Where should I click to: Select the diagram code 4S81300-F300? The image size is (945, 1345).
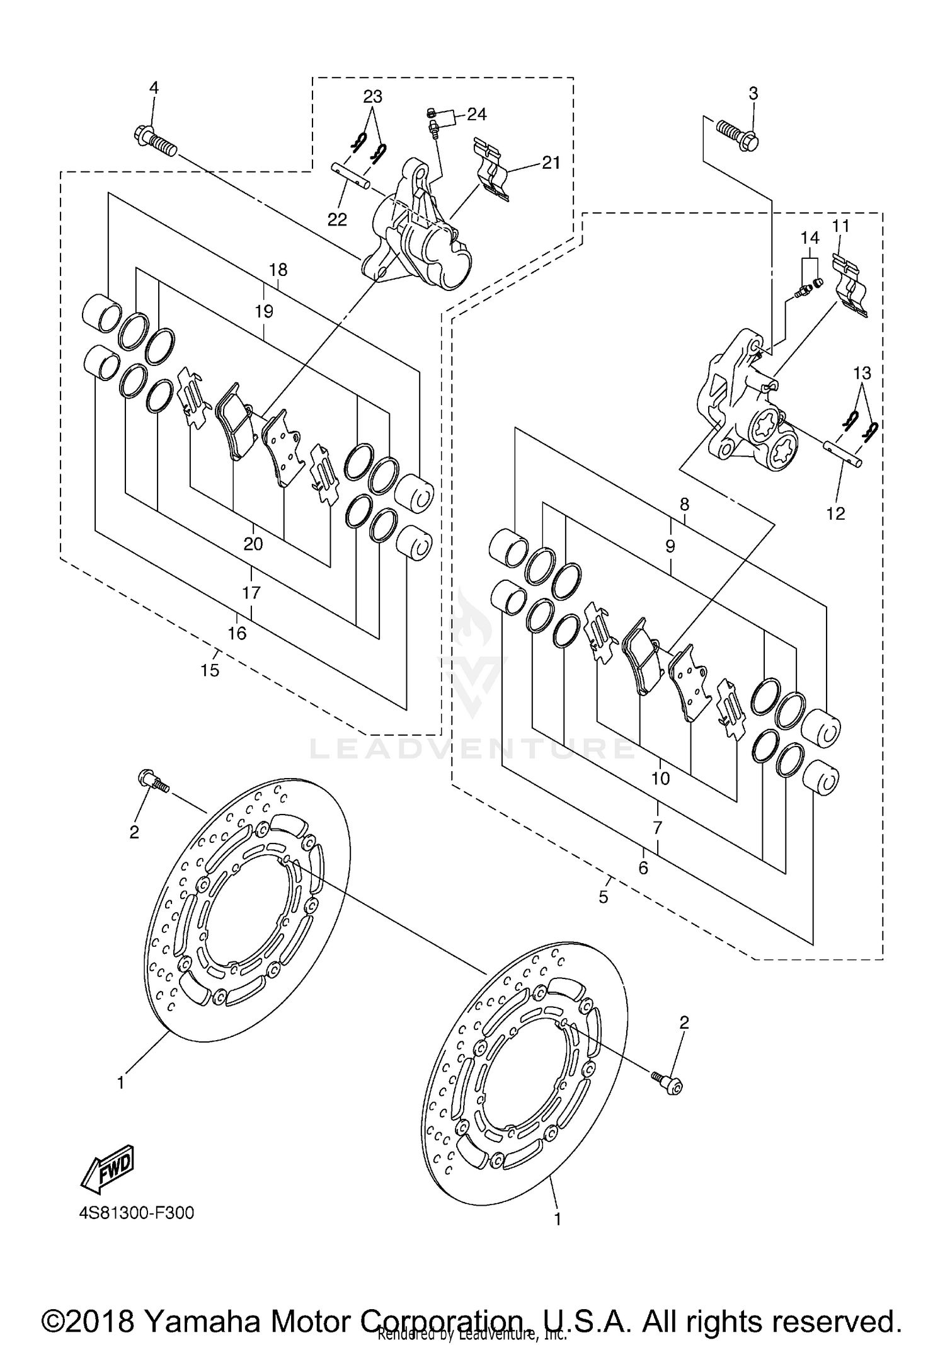pos(137,1213)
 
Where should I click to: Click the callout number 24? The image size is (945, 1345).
pos(477,114)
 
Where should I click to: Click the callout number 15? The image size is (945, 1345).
pos(210,670)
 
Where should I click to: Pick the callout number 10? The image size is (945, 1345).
pos(660,779)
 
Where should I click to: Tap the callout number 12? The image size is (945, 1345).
pos(835,513)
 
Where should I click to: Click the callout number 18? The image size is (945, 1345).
pos(278,270)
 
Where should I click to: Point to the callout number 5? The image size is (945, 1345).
pos(604,897)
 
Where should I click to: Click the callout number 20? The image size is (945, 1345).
pos(253,544)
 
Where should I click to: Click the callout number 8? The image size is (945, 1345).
pos(685,504)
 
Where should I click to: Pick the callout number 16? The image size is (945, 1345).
pos(237,633)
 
